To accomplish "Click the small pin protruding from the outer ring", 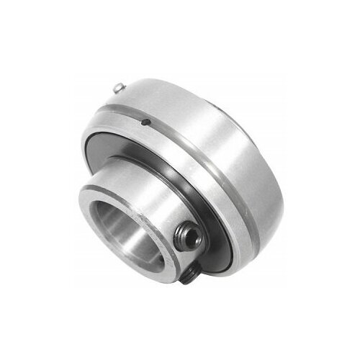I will click(117, 88).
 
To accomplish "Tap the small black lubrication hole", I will click(144, 122).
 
